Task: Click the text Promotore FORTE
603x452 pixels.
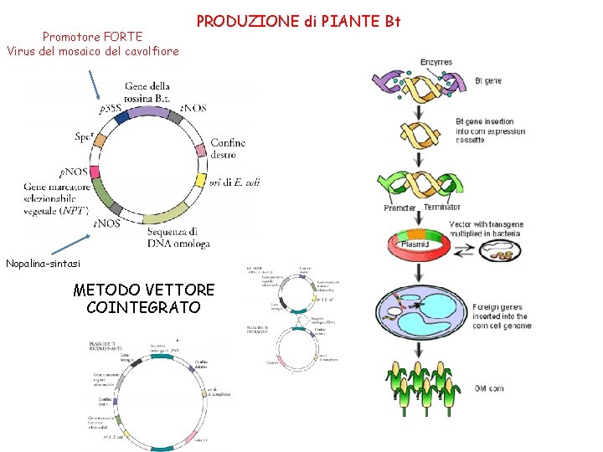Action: pos(92,37)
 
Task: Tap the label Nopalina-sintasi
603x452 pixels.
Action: pos(44,264)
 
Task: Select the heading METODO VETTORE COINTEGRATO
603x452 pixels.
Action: pos(143,299)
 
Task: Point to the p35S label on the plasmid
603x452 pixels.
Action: pos(108,109)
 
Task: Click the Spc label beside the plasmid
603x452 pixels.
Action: pos(83,138)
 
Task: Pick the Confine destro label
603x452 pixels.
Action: pos(228,148)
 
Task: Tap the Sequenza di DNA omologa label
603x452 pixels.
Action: pos(172,237)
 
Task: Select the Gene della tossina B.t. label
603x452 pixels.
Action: pos(147,91)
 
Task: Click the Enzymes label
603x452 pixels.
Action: pos(435,62)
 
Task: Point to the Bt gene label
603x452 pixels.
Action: pos(488,81)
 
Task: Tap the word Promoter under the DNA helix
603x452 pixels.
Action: pos(400,208)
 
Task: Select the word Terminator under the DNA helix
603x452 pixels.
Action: pos(441,208)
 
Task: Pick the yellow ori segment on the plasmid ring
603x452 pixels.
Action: pos(200,180)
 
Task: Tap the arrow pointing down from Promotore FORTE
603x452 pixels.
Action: pos(96,85)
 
